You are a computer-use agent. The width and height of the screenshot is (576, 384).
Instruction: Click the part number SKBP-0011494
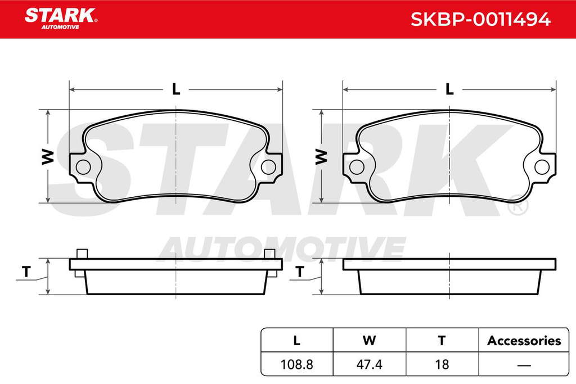tap(480, 19)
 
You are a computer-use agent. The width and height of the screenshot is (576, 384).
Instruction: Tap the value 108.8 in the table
tap(296, 364)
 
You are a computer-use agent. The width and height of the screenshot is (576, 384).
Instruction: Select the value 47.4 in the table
tap(369, 364)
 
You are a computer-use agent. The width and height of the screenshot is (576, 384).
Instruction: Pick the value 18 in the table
tap(442, 364)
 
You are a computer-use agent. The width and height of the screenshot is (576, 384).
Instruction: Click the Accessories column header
tap(524, 341)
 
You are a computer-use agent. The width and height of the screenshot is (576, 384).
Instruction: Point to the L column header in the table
tap(297, 341)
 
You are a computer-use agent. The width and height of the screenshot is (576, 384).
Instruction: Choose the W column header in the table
tap(369, 341)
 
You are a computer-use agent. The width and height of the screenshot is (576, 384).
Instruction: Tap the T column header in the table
tap(442, 341)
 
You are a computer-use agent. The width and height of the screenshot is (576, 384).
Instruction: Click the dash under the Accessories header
tap(524, 365)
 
